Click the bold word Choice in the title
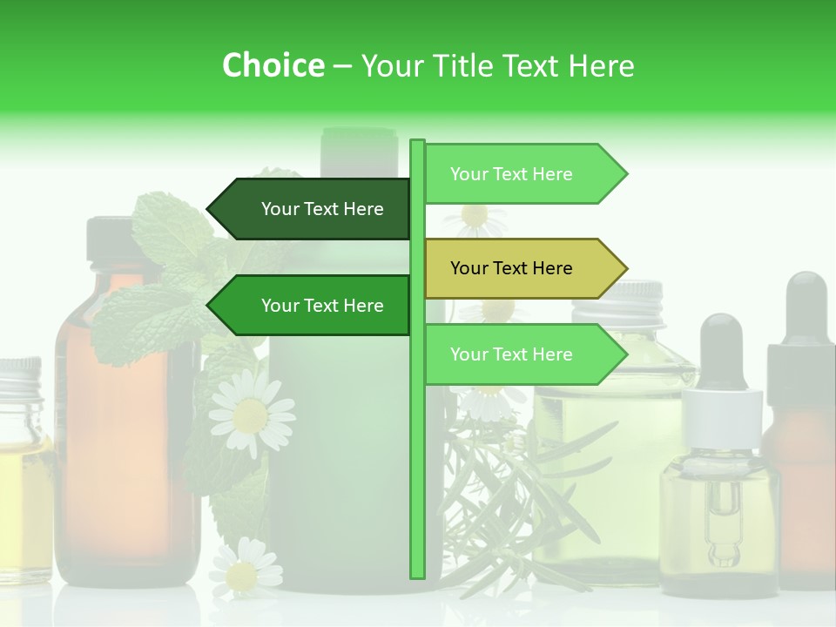[x=273, y=65]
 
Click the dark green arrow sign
[x=313, y=209]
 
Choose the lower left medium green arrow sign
[x=313, y=306]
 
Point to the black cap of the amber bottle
[x=109, y=239]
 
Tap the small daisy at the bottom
[x=245, y=570]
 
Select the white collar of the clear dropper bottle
[x=721, y=413]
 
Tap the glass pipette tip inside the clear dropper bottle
[x=721, y=549]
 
